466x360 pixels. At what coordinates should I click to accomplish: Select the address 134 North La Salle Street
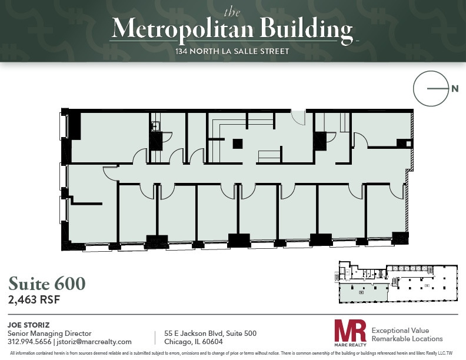(x=232, y=52)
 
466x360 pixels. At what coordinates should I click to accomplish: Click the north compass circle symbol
(x=428, y=89)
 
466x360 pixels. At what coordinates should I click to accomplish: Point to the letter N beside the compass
(x=455, y=89)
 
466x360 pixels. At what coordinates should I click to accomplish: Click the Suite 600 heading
(x=46, y=283)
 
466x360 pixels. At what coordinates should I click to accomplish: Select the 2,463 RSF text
(x=34, y=299)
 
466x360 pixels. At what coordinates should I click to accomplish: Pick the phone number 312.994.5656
(x=29, y=342)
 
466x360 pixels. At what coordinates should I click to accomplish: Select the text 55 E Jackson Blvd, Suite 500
(x=209, y=334)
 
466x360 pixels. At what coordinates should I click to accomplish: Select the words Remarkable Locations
(x=407, y=339)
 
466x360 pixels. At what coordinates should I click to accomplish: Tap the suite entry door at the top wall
(x=299, y=115)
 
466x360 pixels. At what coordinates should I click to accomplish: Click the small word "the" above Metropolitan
(x=232, y=11)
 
